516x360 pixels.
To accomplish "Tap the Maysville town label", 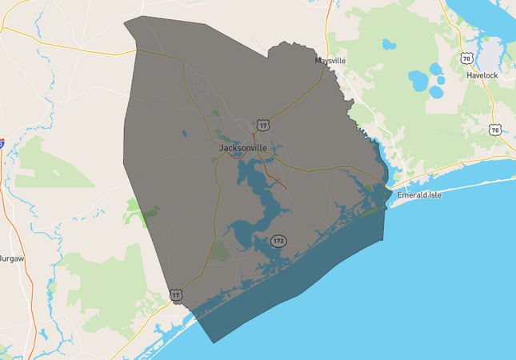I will pos(330,60).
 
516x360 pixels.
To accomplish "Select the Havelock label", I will pos(483,75).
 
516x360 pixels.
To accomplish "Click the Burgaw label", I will pos(12,258).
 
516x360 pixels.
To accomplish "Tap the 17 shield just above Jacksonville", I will pos(263,125).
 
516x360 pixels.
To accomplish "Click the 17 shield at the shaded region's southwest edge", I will pos(176,295).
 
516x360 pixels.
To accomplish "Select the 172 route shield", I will pos(278,240).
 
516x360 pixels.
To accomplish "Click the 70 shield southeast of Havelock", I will pos(496,130).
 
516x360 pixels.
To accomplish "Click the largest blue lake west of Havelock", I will pos(418,80).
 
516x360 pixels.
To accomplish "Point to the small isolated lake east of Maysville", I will pos(389,44).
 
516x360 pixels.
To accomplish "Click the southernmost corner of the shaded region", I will pos(214,342).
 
